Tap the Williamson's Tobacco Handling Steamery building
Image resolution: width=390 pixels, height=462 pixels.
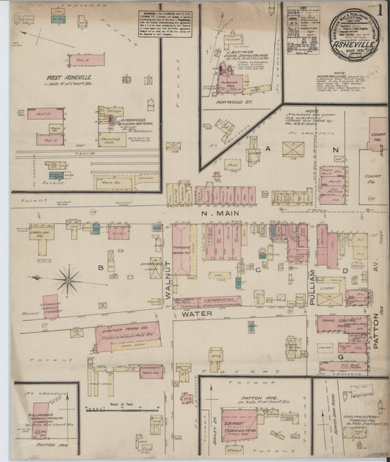tap(40, 417)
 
